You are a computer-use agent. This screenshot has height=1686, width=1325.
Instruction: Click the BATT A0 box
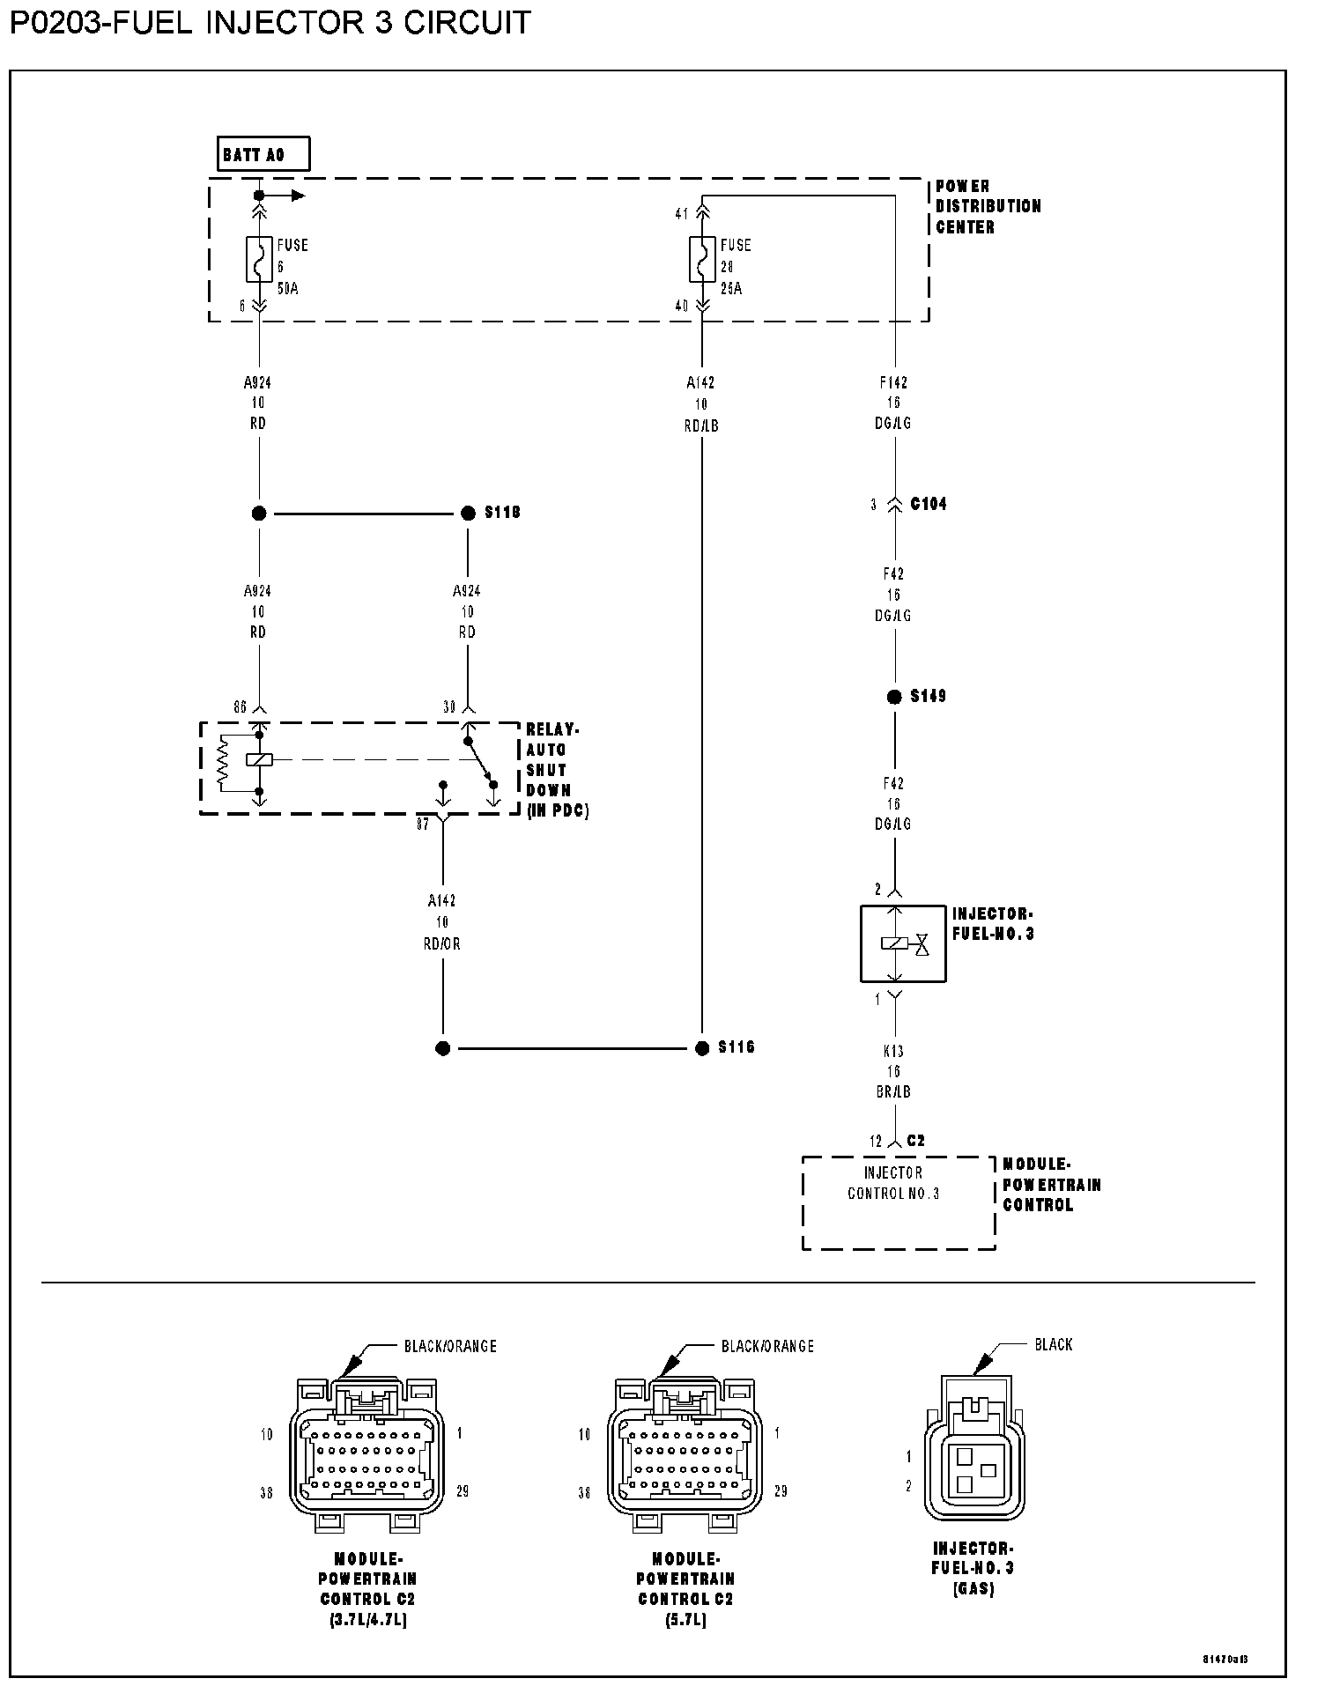point(263,154)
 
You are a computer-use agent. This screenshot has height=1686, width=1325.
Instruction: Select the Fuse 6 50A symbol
point(259,259)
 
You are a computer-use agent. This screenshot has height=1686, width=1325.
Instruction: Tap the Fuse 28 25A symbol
point(702,259)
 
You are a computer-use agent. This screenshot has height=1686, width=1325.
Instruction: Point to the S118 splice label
point(502,513)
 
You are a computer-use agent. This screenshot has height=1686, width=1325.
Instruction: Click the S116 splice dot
point(702,1048)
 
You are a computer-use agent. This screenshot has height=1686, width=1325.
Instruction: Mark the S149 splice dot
point(894,697)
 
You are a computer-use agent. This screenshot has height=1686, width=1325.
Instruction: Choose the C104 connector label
point(928,504)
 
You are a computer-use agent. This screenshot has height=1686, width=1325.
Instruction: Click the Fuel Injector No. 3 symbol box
point(902,944)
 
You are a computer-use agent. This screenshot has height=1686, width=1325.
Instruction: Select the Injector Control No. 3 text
point(893,1183)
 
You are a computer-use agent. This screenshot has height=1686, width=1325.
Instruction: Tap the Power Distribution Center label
point(988,206)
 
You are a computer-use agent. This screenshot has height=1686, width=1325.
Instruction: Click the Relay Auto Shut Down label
point(557,770)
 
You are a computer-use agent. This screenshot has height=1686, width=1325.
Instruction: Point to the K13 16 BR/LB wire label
point(894,1071)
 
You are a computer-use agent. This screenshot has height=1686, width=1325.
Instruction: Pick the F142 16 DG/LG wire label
point(894,403)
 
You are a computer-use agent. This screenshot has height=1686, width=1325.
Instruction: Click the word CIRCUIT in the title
point(467,22)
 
